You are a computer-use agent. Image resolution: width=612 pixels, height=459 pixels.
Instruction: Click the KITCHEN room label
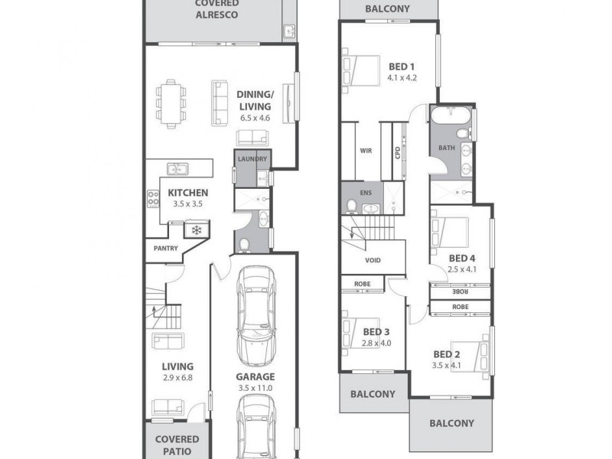click(x=188, y=193)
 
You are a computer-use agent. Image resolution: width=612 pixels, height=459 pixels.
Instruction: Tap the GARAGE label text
click(x=256, y=376)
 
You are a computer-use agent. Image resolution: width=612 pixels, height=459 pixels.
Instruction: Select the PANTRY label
click(x=166, y=249)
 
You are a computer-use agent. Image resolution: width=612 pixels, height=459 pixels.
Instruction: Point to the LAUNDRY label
click(x=252, y=159)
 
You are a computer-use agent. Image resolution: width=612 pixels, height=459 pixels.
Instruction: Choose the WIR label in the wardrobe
click(x=366, y=151)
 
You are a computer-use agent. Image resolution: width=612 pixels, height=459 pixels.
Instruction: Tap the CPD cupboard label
click(x=398, y=151)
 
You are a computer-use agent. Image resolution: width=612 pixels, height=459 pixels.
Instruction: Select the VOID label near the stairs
click(x=373, y=260)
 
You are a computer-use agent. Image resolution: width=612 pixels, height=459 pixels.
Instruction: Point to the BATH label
click(x=447, y=148)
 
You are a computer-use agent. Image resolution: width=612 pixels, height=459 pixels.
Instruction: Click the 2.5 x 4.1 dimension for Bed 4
click(x=462, y=269)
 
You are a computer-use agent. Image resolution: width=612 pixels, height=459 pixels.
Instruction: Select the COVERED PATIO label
click(x=177, y=444)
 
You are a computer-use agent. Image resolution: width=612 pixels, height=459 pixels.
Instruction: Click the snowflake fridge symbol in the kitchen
click(x=197, y=229)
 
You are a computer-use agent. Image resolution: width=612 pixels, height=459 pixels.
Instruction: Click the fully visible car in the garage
click(x=256, y=316)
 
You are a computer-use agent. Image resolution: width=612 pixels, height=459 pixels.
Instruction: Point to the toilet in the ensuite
click(x=351, y=207)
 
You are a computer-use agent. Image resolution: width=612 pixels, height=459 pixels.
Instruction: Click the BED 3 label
click(x=376, y=331)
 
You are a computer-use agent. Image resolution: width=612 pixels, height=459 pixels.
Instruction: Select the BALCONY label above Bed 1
click(x=387, y=9)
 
